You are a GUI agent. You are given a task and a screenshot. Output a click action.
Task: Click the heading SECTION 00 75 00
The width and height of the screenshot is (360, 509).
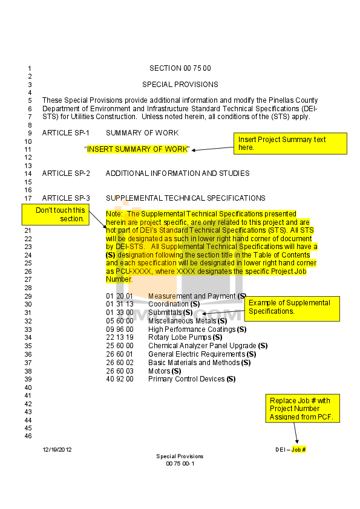point(180,68)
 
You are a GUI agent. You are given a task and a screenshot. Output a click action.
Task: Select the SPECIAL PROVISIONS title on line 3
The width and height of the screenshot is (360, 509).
point(180,85)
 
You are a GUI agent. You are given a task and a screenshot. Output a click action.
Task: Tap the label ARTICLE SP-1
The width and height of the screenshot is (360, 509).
point(65,133)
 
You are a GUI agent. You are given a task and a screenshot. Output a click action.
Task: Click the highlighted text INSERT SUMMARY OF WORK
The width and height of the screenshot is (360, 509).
point(137,149)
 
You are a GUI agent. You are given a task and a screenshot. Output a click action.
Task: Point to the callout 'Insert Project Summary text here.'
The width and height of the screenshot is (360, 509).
point(290,143)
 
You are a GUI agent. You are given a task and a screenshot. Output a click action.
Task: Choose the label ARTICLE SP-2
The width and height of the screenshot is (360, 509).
point(66,173)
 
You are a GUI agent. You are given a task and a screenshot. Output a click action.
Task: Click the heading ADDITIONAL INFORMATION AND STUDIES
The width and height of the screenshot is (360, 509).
point(178,173)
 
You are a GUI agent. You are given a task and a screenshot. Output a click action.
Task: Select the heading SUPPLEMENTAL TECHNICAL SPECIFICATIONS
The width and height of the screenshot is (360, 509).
point(186,198)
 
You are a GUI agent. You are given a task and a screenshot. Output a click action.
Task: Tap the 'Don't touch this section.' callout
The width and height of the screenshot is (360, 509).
point(56,215)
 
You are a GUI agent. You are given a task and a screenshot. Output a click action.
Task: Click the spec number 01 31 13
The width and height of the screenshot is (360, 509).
point(120,304)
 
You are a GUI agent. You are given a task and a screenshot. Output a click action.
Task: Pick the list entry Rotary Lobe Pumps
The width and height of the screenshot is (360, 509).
point(185,337)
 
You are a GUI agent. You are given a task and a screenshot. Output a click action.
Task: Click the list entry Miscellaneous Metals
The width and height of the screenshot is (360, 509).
point(188,321)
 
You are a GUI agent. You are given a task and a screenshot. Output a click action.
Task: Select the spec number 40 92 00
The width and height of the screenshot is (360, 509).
point(120,379)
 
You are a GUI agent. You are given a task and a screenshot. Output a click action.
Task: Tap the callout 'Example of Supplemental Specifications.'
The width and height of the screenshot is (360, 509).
point(292,309)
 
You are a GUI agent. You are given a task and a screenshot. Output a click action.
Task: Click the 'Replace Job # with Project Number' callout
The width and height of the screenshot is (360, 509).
point(303,409)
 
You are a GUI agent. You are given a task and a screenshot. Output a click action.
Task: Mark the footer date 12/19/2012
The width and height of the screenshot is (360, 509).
point(57,450)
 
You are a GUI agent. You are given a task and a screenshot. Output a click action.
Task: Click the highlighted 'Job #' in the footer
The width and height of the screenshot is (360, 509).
point(299,450)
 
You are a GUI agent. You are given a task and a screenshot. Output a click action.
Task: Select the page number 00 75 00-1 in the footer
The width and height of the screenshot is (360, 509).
point(180,464)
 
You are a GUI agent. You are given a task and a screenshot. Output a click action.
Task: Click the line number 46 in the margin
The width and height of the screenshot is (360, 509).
point(28,436)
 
